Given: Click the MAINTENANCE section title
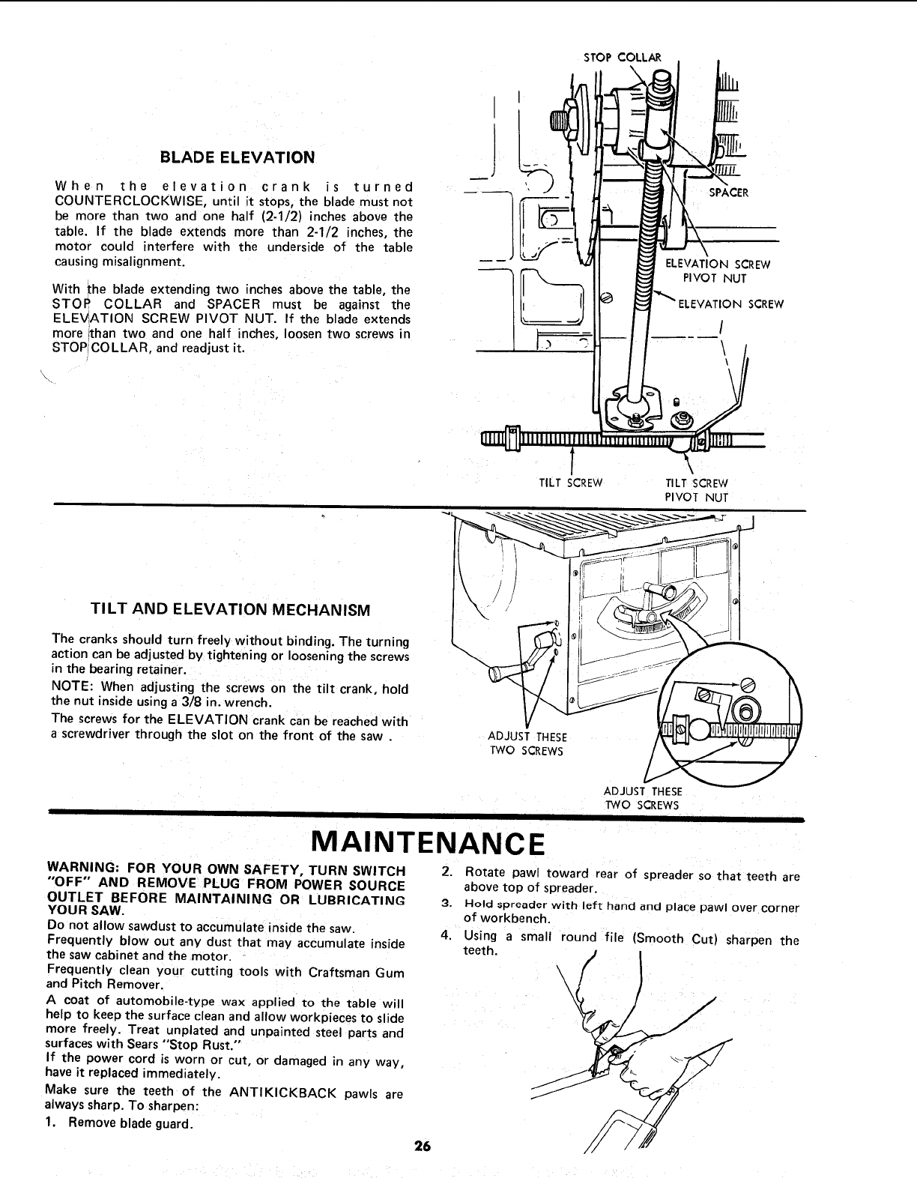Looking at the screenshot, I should click(x=426, y=844).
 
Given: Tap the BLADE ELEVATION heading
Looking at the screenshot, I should click(x=237, y=157).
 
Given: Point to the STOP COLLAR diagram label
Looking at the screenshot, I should click(x=622, y=57).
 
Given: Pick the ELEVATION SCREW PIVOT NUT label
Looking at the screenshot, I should click(x=718, y=271).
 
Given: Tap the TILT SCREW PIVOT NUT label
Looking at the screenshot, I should click(x=697, y=489).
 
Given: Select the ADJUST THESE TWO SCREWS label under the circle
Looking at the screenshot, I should click(x=642, y=798).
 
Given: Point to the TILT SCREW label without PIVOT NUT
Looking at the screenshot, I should click(x=571, y=483).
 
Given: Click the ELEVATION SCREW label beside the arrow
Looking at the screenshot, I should click(x=730, y=303).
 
